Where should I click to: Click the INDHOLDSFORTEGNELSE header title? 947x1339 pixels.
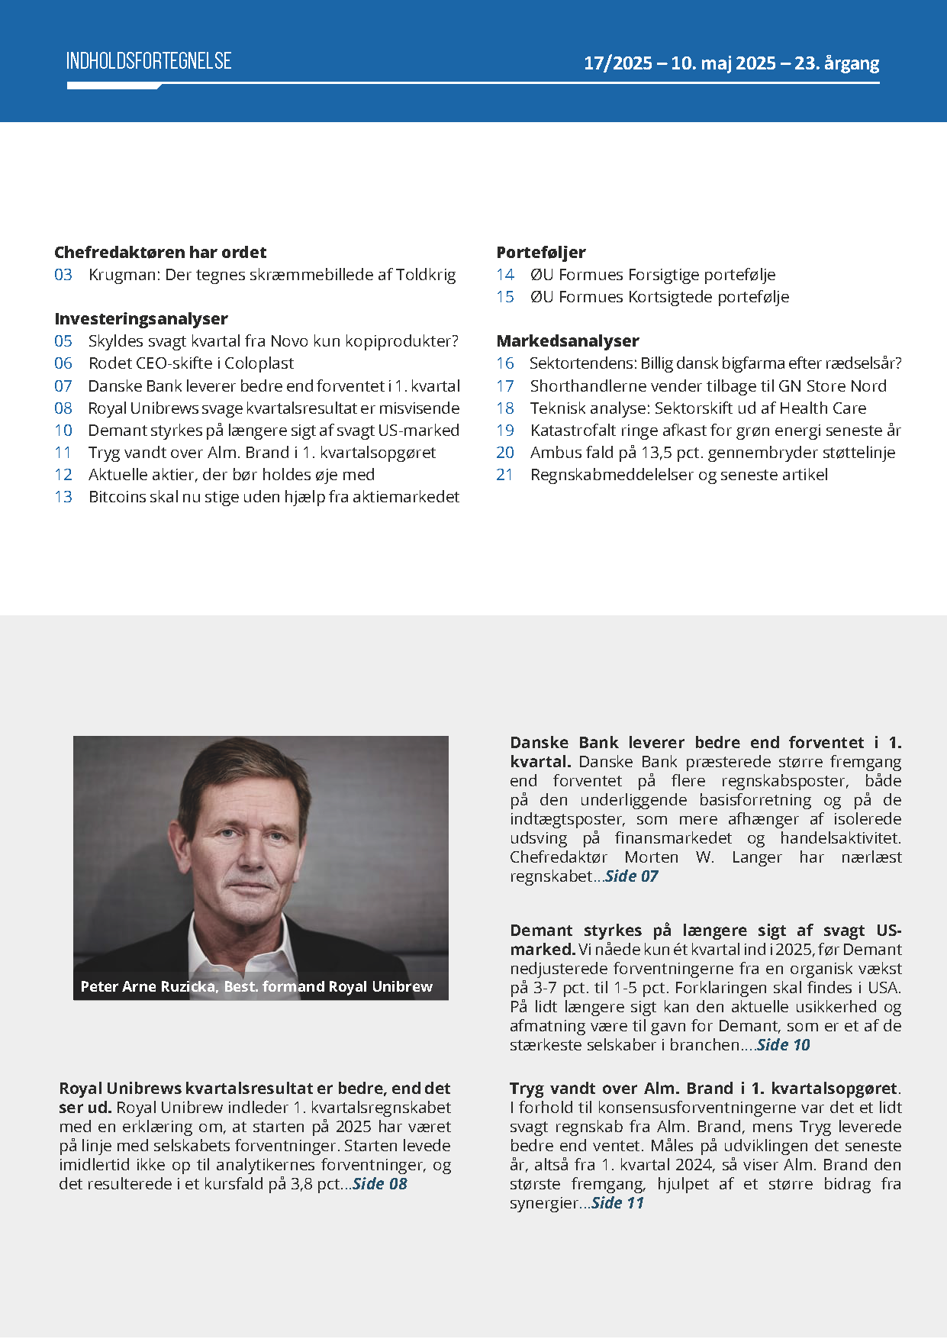(149, 62)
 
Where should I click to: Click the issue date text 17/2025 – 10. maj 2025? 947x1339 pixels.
(679, 63)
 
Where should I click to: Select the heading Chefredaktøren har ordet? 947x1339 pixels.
(160, 253)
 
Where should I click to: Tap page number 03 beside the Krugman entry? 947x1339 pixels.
(63, 275)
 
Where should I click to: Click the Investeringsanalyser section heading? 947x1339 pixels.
(141, 319)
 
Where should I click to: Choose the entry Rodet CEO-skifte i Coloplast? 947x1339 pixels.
(191, 363)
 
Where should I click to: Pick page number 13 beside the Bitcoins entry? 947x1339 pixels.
(63, 497)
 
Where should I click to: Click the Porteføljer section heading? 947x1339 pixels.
(541, 253)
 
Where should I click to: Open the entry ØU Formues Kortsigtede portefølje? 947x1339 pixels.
(659, 297)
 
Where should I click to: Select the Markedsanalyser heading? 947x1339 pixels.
(568, 341)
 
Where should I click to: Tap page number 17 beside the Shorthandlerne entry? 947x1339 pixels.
(505, 386)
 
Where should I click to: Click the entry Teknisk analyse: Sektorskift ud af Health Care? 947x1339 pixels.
(698, 408)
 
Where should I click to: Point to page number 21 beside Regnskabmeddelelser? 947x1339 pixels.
(505, 475)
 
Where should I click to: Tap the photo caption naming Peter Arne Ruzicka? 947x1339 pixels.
(256, 987)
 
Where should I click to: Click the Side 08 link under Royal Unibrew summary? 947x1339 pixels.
(380, 1184)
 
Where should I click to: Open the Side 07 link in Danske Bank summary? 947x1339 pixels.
(631, 876)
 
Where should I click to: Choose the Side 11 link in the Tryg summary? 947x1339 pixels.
(617, 1203)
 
